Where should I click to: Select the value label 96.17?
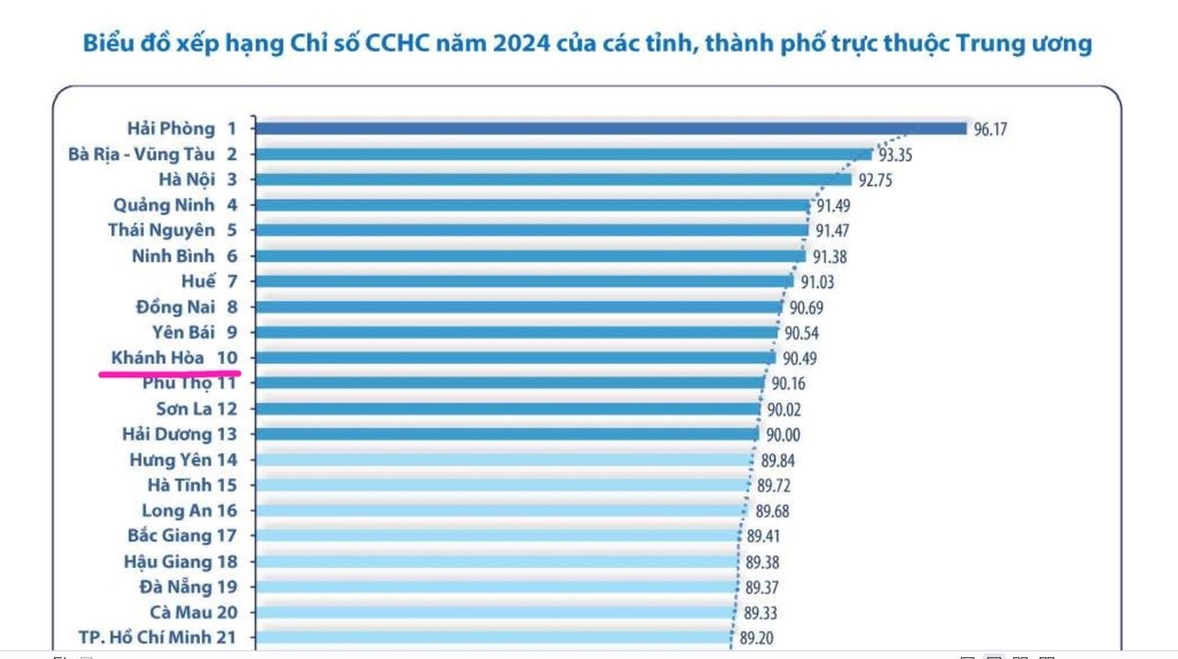coord(990,130)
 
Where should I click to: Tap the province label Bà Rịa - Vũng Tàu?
coord(141,155)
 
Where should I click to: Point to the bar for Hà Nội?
coord(552,179)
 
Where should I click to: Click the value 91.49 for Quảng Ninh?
coord(832,206)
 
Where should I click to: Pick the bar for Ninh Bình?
coord(529,257)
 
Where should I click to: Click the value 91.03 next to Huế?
coord(817,283)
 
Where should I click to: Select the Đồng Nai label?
coord(175,307)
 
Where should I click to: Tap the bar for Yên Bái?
coord(515,332)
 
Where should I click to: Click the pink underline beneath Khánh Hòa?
coord(169,374)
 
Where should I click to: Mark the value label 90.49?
coord(799,359)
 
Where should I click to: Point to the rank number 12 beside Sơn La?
coord(225,409)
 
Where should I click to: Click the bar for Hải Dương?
coord(506,434)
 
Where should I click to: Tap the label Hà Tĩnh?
coord(179,485)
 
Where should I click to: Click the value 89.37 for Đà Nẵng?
coord(763,588)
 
